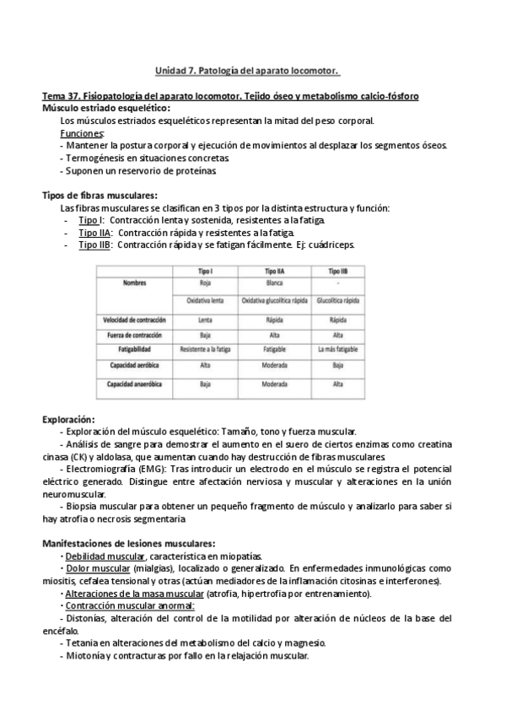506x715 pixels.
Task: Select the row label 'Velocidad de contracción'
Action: click(x=135, y=320)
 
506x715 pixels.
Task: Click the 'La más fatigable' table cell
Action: click(x=337, y=348)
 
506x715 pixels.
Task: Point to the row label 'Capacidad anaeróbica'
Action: click(x=135, y=384)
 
